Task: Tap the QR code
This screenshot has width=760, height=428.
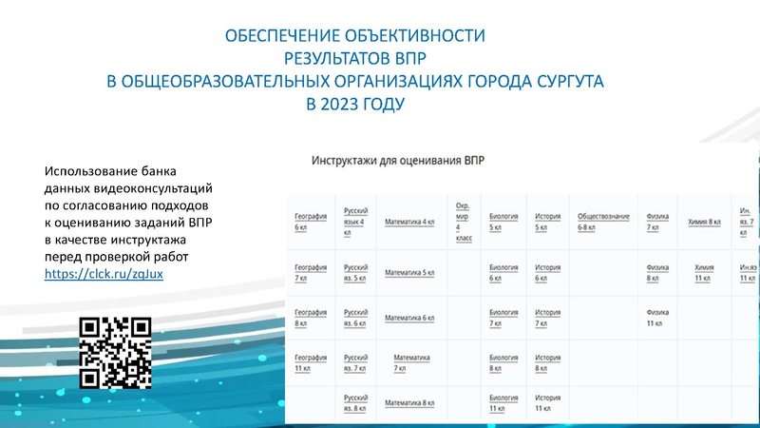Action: click(115, 351)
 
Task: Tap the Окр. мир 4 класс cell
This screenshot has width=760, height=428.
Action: click(464, 222)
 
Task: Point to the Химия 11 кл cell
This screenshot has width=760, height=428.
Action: click(704, 273)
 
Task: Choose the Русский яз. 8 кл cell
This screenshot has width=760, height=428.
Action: click(355, 402)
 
